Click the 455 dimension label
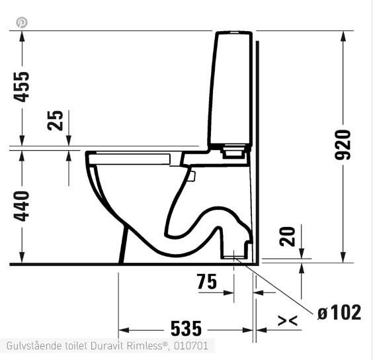coord(22,85)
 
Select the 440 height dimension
coord(22,206)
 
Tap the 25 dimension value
coord(56,120)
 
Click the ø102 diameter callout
coord(339,312)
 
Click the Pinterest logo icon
coord(22,22)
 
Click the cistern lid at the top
coord(233,32)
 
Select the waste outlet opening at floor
coord(235,255)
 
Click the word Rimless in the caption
coord(150,346)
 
